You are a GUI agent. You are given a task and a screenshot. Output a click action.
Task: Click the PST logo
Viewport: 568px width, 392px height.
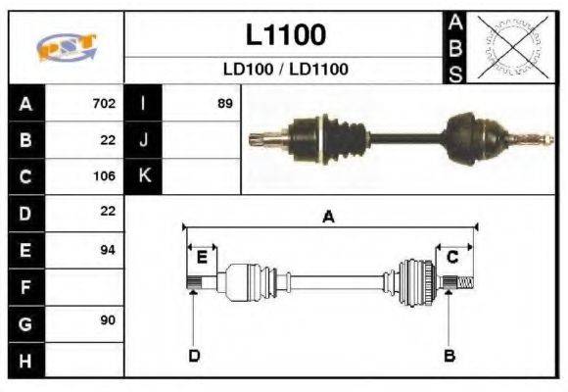tap(66, 46)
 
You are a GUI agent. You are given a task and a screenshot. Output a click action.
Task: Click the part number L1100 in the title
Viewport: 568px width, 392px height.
tap(285, 35)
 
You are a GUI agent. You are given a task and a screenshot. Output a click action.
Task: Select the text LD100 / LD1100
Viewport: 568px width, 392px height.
tap(285, 70)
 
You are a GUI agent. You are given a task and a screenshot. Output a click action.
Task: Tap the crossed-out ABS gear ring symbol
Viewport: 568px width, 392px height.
tap(508, 47)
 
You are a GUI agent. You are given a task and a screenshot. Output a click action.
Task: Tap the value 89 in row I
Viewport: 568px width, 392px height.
tap(224, 103)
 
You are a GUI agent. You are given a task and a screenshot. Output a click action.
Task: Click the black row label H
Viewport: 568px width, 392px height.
tap(26, 361)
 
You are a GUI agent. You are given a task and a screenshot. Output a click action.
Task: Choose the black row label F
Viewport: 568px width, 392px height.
tap(26, 287)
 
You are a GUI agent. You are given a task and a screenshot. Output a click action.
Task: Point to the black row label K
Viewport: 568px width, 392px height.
tap(144, 176)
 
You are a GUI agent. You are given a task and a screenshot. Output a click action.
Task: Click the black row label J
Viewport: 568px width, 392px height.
tap(144, 139)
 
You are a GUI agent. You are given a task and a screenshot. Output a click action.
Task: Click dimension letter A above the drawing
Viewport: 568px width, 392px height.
tap(329, 218)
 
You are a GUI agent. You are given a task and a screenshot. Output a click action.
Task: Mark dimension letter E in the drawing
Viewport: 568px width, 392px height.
tap(202, 257)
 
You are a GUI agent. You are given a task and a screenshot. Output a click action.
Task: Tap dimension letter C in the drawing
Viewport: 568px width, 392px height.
tap(452, 257)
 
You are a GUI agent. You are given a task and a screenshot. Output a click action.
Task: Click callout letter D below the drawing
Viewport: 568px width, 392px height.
tap(193, 355)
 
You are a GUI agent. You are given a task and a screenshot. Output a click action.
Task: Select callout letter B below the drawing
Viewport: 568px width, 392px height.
tap(450, 355)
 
